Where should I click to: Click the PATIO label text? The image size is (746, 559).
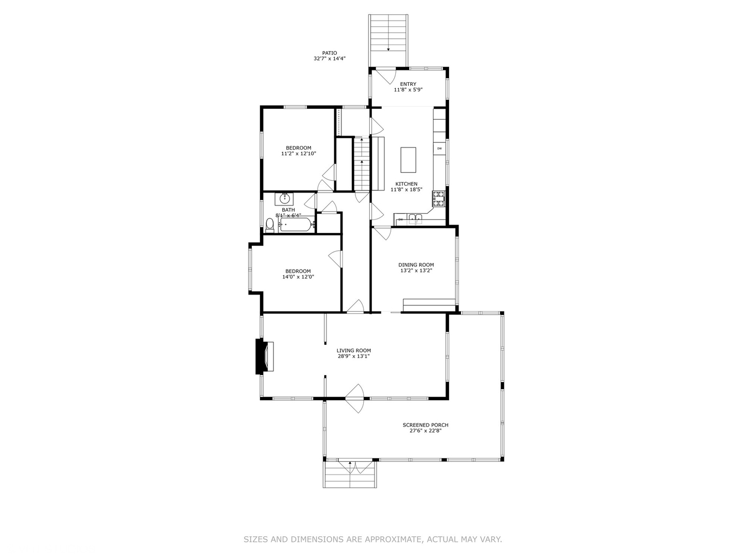[329, 53]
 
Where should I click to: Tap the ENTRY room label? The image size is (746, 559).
[408, 84]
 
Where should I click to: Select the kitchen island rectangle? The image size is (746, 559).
[408, 160]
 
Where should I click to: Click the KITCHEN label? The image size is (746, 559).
[406, 184]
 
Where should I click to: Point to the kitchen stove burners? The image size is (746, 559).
[439, 199]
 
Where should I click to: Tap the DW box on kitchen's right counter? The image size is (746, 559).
[439, 149]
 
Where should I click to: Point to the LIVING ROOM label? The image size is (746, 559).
[353, 350]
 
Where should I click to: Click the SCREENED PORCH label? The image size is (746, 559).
[425, 425]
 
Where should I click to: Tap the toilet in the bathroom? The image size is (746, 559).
[269, 225]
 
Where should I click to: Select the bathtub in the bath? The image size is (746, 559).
[295, 225]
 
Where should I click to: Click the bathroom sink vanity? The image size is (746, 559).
[284, 198]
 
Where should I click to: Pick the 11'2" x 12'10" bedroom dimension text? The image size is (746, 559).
[298, 154]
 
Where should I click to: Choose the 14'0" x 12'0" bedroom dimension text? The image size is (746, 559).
[298, 277]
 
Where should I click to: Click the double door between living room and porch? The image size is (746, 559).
[355, 398]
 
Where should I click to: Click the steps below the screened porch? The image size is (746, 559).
[350, 474]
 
